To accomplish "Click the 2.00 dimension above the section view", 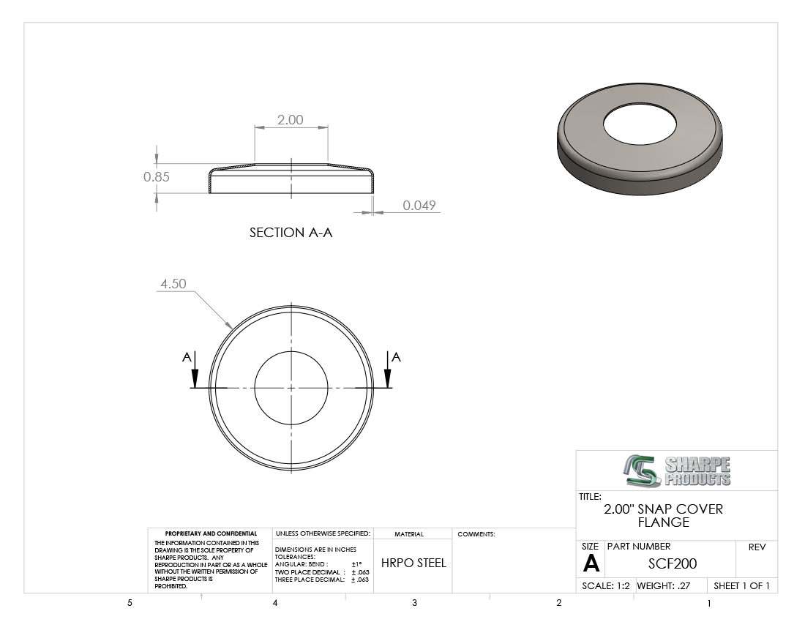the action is coord(290,119).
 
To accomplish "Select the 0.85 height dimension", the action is coord(156,176).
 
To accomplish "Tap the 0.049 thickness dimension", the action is coord(419,206).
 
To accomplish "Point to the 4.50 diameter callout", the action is coord(173,284).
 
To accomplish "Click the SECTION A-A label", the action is coord(291,233).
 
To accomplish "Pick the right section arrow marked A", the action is coord(388,370).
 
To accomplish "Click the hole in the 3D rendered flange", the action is coord(640,124).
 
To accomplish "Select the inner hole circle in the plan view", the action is coord(291,351).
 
